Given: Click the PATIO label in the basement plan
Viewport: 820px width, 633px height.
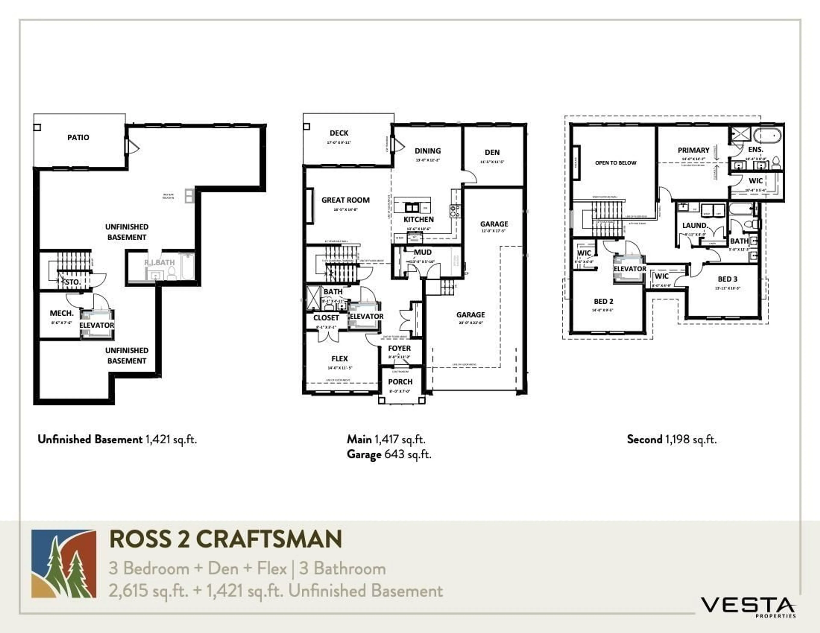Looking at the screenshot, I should tap(78, 137).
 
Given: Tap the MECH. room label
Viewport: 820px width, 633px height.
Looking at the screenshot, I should tap(61, 313).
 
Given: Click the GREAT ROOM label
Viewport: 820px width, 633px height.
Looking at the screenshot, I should tap(346, 200).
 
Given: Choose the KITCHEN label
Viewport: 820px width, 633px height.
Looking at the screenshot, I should tap(419, 219).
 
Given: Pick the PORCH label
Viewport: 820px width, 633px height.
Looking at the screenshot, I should tap(400, 382).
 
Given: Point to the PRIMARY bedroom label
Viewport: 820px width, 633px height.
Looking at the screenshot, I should tap(693, 150).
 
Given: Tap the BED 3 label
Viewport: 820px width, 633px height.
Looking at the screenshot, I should tap(727, 279).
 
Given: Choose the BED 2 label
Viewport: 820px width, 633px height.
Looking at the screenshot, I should tap(603, 301).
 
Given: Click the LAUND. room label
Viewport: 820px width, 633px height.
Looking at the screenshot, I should tap(695, 226).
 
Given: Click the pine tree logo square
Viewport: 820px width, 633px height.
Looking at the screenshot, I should tap(64, 564).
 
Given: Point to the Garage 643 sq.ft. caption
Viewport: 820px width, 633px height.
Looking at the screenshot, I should tap(389, 454).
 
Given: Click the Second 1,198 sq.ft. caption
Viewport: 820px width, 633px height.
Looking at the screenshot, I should tap(671, 439).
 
